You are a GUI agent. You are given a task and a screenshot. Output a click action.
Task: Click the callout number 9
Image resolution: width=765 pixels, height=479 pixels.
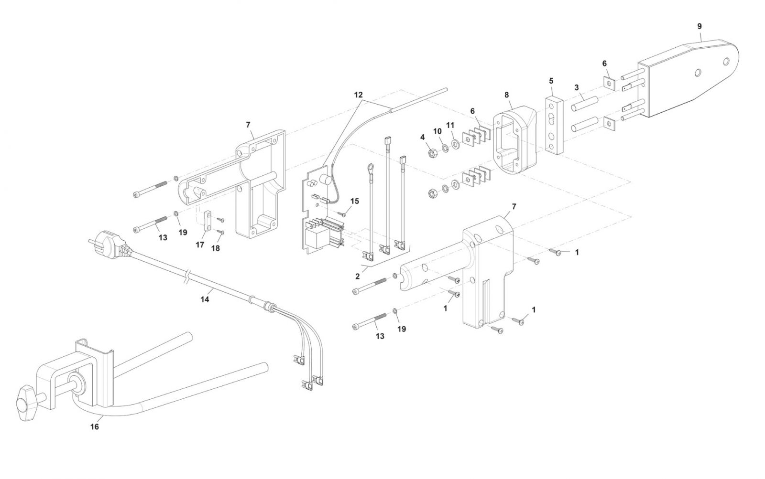pos(699,26)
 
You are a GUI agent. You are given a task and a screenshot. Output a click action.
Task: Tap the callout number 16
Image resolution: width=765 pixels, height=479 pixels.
pos(95,426)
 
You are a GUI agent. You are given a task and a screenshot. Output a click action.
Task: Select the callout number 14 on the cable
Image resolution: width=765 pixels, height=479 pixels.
pos(205,299)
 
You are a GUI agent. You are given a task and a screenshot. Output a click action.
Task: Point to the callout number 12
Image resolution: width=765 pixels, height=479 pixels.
pos(358,95)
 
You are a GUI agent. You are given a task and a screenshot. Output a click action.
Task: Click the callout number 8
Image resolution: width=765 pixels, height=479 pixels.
pos(506,95)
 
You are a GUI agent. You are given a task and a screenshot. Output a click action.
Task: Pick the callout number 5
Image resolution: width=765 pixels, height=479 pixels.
pos(551,81)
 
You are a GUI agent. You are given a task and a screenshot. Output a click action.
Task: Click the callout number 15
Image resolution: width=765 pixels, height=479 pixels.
pos(355,201)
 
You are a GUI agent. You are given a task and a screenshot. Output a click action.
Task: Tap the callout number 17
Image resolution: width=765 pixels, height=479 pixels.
pos(200,245)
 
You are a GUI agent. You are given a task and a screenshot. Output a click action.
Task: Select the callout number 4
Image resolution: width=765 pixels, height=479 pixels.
pos(423,137)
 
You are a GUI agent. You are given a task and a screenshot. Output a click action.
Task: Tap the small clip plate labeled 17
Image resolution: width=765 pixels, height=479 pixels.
pos(208,222)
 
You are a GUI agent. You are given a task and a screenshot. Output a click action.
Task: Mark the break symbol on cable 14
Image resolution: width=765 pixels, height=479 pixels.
pos(187,278)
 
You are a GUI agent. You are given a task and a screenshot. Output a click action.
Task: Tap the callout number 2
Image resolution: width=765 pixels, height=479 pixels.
pos(358,277)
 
